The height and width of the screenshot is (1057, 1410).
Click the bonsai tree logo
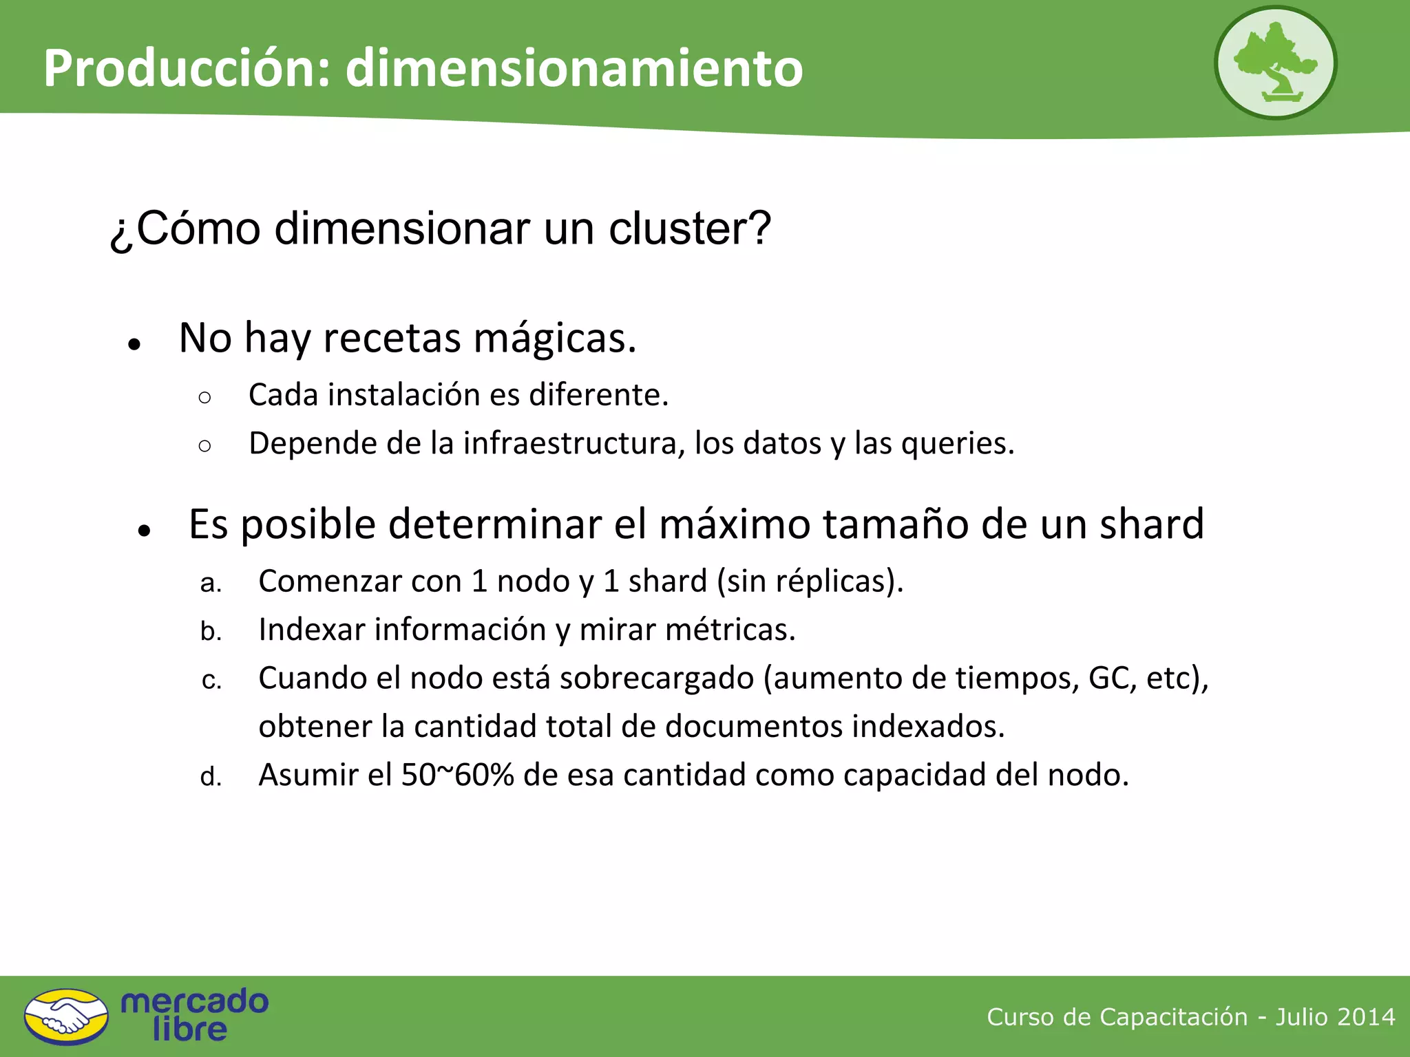[1275, 63]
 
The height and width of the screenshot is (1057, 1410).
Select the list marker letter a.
[210, 584]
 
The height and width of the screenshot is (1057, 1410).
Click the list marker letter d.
[210, 777]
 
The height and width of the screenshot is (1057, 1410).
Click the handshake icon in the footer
[66, 1016]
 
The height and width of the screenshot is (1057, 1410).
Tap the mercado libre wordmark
[193, 1016]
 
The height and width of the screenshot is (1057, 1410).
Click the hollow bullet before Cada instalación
[204, 397]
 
